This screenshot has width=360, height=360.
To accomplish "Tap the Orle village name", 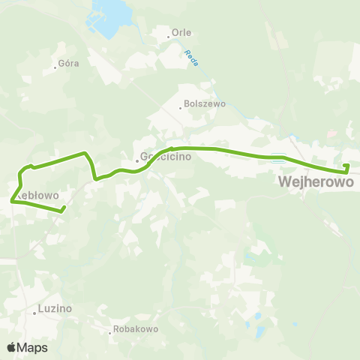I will pyautogui.click(x=181, y=33).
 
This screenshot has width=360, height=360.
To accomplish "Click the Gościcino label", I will pyautogui.click(x=166, y=158).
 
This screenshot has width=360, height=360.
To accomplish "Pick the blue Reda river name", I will pyautogui.click(x=192, y=58).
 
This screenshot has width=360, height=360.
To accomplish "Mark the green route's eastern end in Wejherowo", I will pyautogui.click(x=346, y=166).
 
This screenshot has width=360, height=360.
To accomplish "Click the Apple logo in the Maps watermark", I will pyautogui.click(x=11, y=347).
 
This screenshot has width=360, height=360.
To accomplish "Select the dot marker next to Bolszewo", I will pyautogui.click(x=180, y=107).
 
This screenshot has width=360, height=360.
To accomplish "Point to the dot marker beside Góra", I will pyautogui.click(x=55, y=67).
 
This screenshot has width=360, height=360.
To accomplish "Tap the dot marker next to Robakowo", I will pyautogui.click(x=109, y=332).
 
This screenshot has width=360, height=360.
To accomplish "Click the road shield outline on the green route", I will pyautogui.click(x=279, y=157).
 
